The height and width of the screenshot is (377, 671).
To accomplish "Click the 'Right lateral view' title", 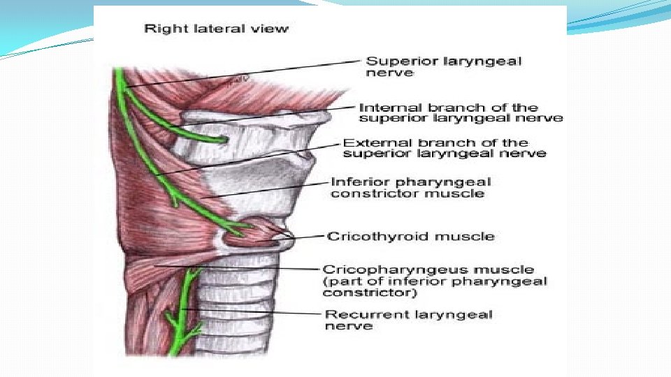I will (x=216, y=29).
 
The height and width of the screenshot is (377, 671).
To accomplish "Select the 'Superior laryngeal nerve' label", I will (x=444, y=66).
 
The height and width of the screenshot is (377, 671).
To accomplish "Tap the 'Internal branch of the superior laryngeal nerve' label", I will (x=460, y=112).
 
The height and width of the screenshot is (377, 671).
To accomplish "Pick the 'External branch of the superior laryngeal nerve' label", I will (x=445, y=148).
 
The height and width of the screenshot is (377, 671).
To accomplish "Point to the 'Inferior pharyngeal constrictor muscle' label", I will (x=410, y=187).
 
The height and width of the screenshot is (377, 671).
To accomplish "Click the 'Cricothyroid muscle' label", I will (x=410, y=236).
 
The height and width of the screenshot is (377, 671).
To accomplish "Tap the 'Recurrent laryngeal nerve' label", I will (x=408, y=320).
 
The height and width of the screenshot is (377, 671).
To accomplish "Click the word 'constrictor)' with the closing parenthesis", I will (x=357, y=293).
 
